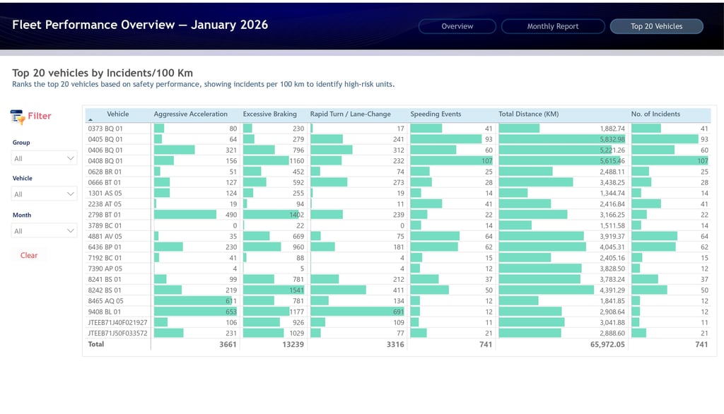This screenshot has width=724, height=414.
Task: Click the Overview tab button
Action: pyautogui.click(x=457, y=26)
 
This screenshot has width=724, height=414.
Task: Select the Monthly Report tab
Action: pyautogui.click(x=553, y=26)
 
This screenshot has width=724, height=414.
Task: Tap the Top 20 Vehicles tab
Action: pyautogui.click(x=656, y=26)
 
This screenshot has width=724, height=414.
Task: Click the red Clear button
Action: pyautogui.click(x=29, y=255)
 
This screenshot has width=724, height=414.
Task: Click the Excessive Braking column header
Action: pyautogui.click(x=269, y=114)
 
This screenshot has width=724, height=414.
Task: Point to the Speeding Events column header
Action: pyautogui.click(x=436, y=114)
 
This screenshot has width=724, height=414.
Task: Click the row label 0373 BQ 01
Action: pyautogui.click(x=105, y=129)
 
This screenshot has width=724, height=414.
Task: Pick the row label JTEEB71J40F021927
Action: pyautogui.click(x=117, y=322)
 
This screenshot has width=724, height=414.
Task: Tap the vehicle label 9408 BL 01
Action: pyautogui.click(x=105, y=312)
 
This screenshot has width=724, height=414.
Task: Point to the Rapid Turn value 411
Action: pyautogui.click(x=398, y=290)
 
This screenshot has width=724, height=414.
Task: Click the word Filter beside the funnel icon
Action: pyautogui.click(x=40, y=116)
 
